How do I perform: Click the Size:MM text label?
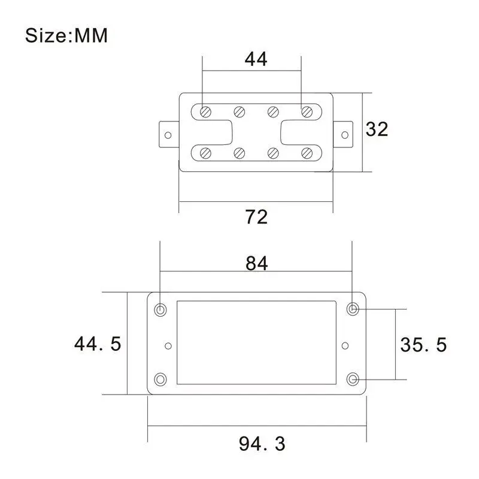coord(66,35)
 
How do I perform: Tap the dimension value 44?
coord(256,59)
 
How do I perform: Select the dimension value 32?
coord(377,129)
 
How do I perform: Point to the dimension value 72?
coord(256,217)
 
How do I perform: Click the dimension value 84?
coord(257,263)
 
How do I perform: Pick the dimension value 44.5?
coord(98,343)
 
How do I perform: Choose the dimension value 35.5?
coord(423,345)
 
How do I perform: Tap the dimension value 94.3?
coord(262,444)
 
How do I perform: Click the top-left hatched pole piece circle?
coord(205,112)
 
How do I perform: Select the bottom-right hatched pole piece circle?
coord(307,153)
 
